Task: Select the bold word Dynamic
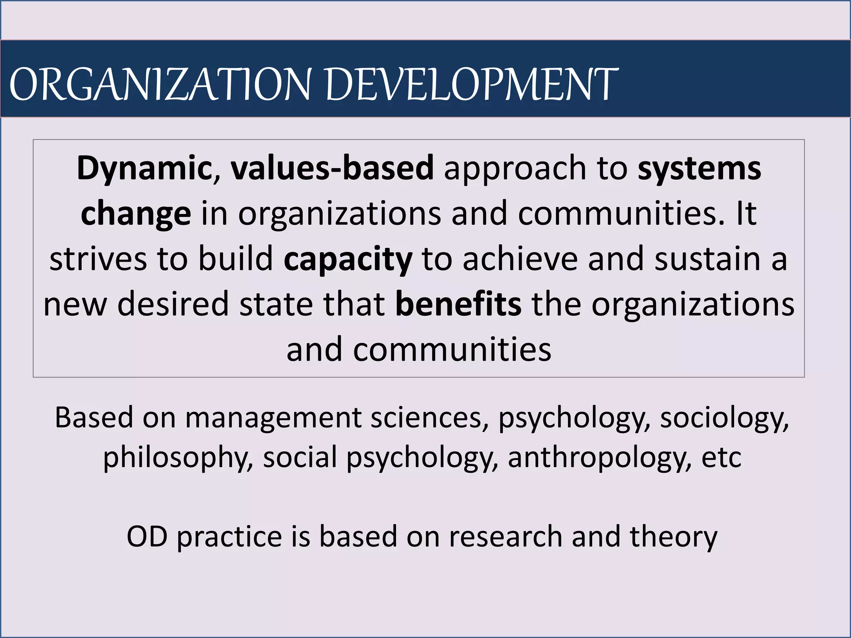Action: tap(143, 168)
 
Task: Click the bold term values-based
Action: tap(332, 168)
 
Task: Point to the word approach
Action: tap(515, 168)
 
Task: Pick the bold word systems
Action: tap(699, 168)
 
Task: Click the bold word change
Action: tap(136, 213)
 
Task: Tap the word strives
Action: tap(98, 259)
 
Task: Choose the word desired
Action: tap(173, 304)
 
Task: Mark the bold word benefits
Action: tap(458, 304)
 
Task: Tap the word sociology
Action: tap(724, 418)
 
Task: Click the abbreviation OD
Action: tap(147, 537)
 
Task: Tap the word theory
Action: tap(674, 537)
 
